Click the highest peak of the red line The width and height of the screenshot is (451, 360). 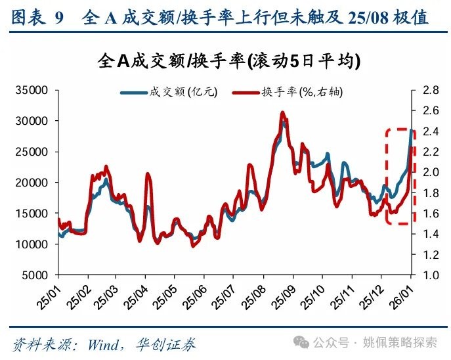pyautogui.click(x=282, y=113)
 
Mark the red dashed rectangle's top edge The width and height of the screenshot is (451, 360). pyautogui.click(x=400, y=129)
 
